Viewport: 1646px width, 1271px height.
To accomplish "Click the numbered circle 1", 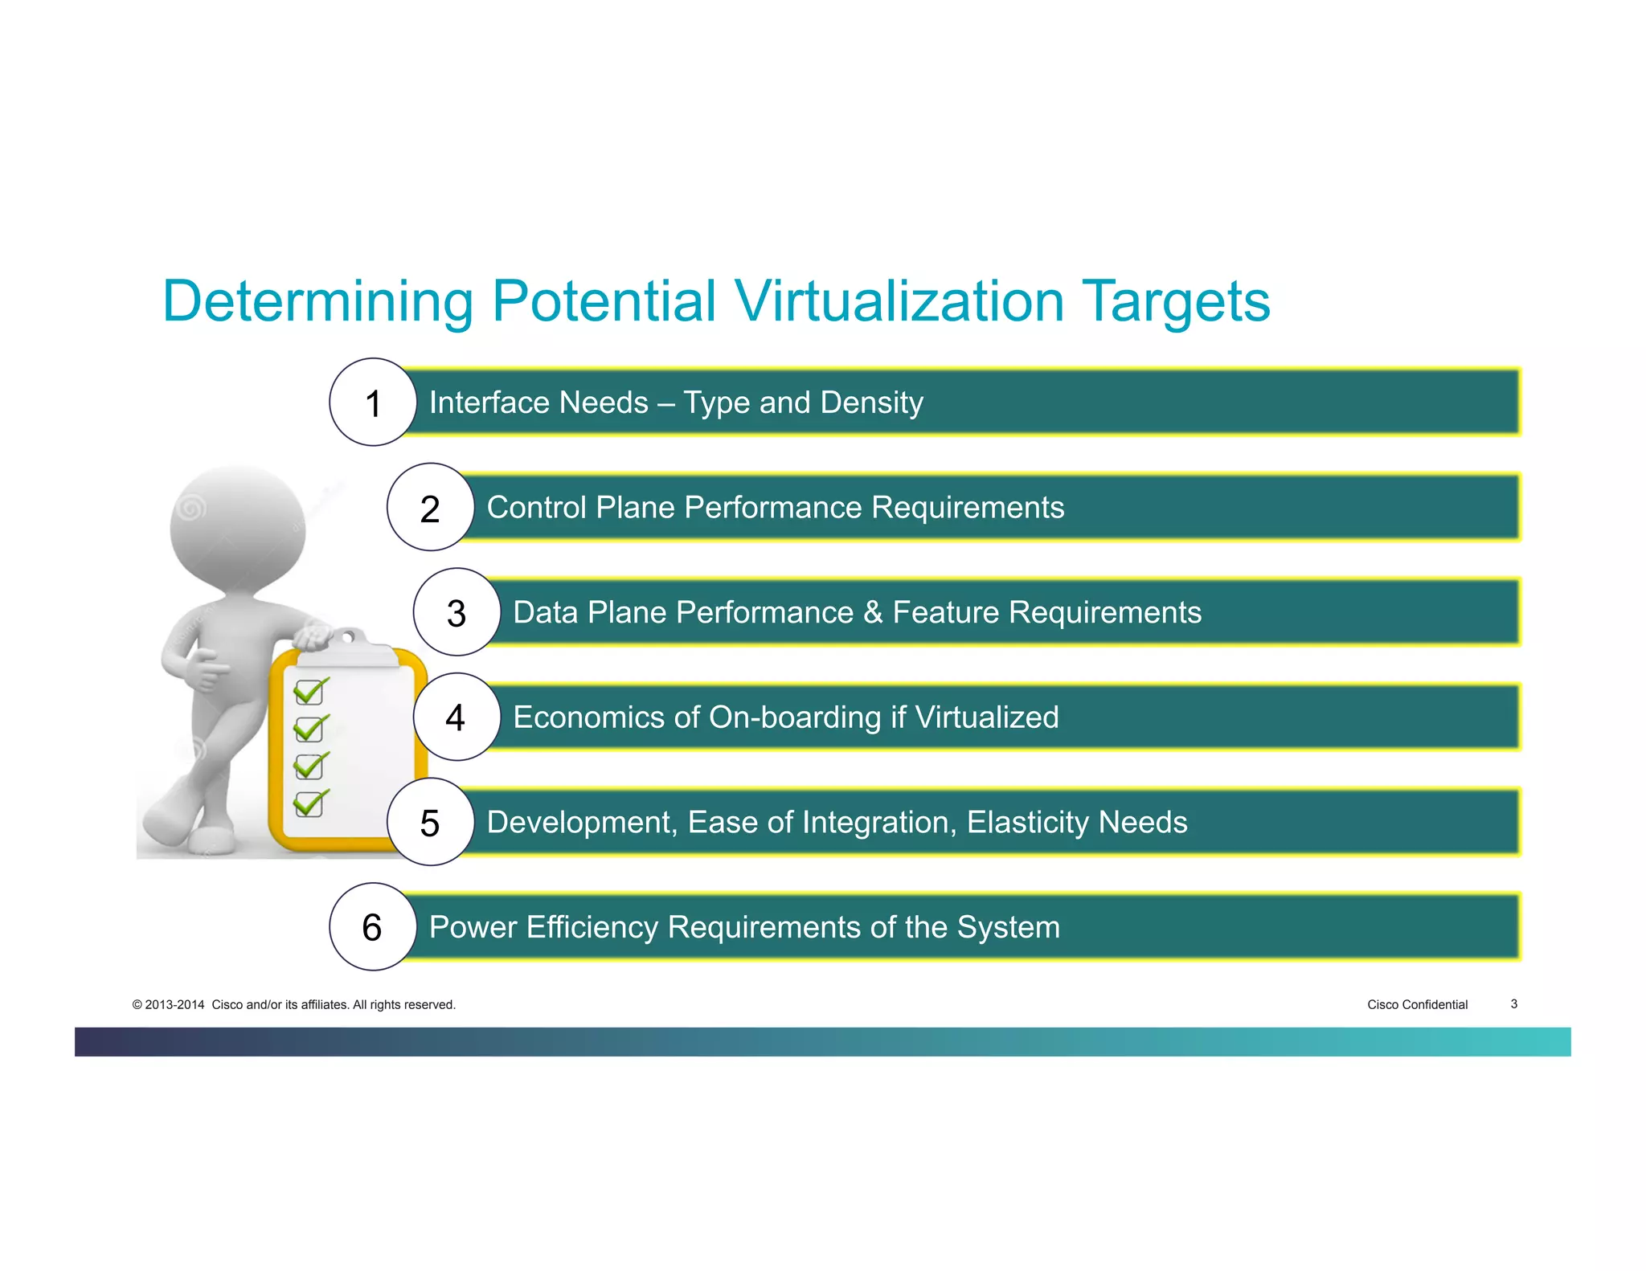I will (373, 403).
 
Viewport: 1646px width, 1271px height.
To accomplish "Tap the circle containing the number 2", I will (431, 508).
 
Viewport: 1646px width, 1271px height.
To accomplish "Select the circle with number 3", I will (457, 612).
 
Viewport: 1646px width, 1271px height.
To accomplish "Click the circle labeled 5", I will (431, 822).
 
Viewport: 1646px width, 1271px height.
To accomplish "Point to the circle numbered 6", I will (373, 927).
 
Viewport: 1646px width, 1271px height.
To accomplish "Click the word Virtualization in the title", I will (899, 302).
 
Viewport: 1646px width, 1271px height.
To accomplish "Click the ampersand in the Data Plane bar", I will (873, 613).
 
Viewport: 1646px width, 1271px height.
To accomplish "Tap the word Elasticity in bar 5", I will (1027, 823).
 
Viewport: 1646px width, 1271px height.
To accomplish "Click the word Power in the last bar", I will (473, 927).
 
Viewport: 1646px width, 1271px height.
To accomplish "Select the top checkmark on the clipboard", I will (310, 691).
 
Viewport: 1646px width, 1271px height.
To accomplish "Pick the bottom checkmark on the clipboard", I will (310, 803).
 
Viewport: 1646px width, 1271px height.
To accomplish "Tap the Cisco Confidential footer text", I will (1417, 1004).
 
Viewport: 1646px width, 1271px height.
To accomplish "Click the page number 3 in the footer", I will (1513, 1003).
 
